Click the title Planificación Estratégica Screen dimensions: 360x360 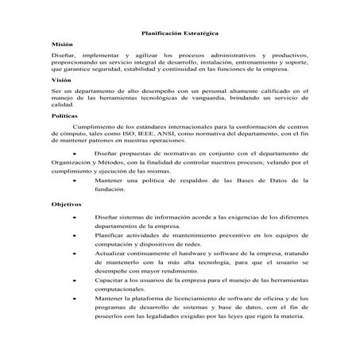179,33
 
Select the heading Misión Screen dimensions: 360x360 60,45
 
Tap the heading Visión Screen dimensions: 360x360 60,80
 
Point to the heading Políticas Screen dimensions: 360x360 64,115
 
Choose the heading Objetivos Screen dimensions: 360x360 66,203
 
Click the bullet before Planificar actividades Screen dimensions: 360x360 75,236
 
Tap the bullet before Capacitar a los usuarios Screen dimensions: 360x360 75,281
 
